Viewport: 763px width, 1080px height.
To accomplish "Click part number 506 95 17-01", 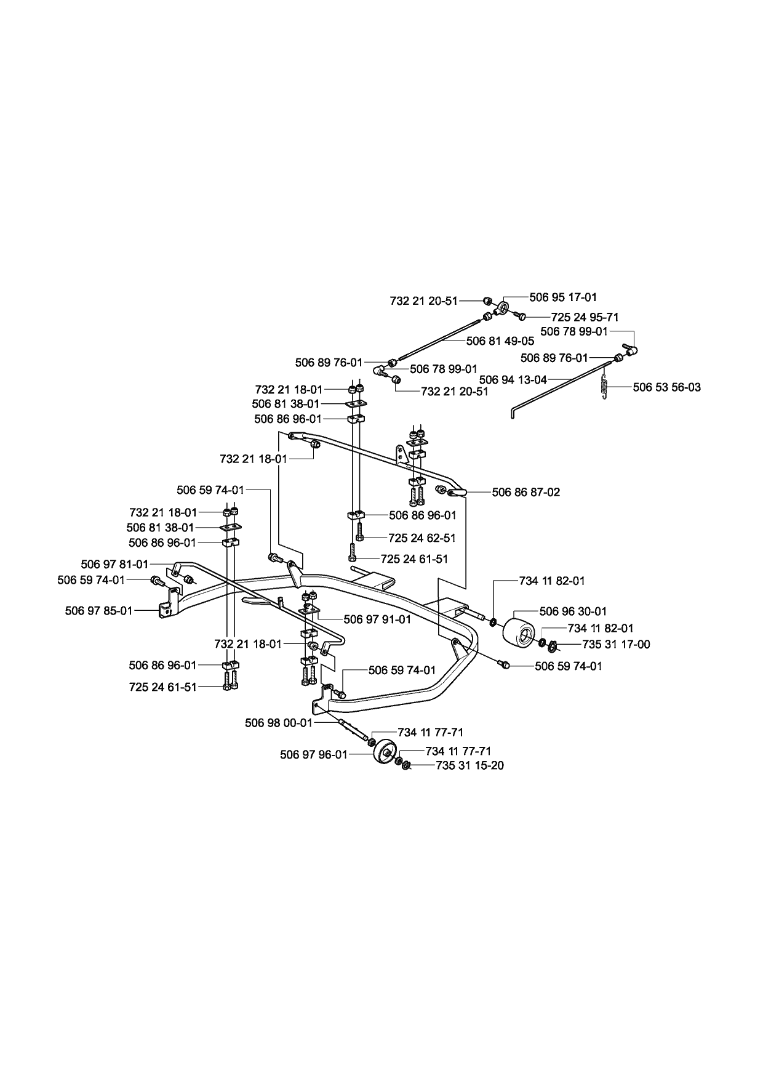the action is [562, 297].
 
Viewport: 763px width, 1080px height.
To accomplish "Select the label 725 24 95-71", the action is [585, 317].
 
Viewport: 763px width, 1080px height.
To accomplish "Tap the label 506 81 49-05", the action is [500, 341].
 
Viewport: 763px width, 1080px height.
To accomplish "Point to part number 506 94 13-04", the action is [513, 380].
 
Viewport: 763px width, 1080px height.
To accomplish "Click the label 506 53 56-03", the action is [666, 387].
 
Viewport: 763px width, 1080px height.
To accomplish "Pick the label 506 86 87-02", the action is [526, 493].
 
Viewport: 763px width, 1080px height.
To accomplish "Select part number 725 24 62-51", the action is [422, 538].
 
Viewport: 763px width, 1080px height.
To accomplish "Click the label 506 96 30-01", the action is [573, 611].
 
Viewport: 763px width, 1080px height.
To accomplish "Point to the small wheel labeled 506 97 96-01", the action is [386, 751].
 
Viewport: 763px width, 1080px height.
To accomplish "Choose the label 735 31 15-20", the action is [469, 766].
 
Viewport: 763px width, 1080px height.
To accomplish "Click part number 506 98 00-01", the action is [279, 723].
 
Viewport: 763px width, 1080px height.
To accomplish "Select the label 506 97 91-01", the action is [377, 619].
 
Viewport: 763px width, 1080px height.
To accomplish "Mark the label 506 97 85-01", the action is [98, 611].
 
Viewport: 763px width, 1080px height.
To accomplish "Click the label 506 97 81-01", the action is [114, 564].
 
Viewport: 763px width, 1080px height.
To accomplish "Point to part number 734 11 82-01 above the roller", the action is [552, 581].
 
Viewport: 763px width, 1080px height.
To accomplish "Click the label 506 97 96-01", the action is [314, 754].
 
